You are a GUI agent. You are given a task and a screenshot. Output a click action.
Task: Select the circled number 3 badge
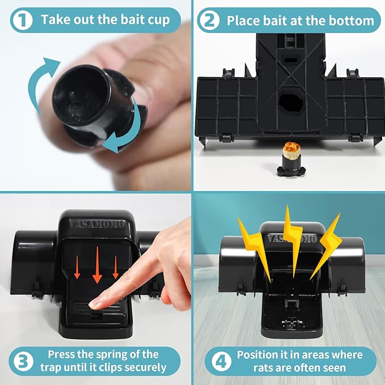pos(21,361)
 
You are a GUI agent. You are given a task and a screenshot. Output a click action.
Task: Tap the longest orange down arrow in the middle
pos(97,263)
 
